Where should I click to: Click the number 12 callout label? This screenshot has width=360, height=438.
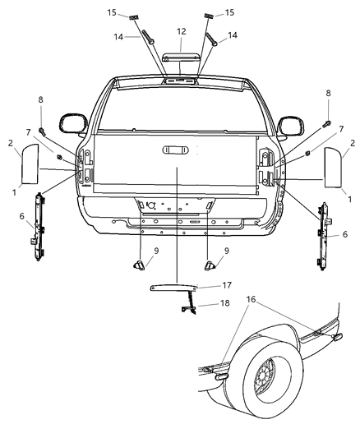(181, 30)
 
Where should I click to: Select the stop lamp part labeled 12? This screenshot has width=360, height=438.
(180, 58)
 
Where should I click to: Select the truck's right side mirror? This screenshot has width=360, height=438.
(289, 125)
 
